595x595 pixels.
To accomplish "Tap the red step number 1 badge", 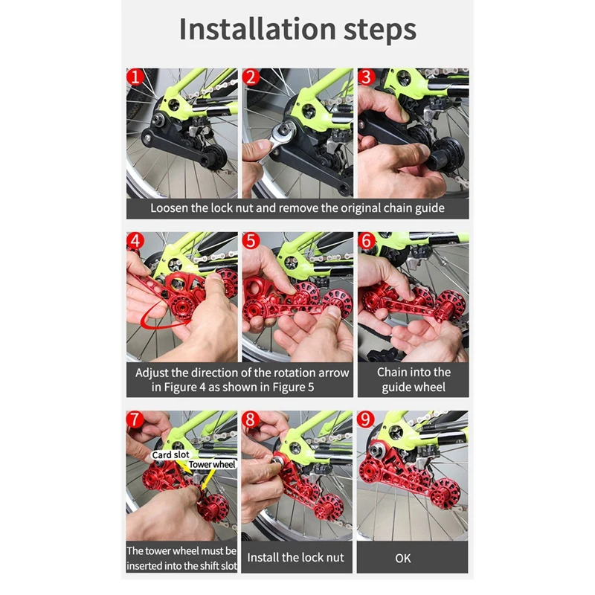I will [x=135, y=77].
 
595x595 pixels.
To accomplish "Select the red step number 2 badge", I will [x=251, y=77].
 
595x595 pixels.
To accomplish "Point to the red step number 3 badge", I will [x=366, y=77].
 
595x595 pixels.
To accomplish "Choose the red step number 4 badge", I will [x=135, y=242].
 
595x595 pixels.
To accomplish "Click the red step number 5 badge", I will [x=251, y=242].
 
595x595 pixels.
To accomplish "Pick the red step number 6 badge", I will [x=366, y=242].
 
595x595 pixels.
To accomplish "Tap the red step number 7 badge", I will [x=135, y=419].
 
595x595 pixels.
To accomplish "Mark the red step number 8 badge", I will [x=251, y=419].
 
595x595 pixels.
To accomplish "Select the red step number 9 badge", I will [x=366, y=419].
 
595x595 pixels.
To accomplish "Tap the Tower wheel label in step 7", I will [x=211, y=465].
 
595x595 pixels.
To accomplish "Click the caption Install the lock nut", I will [x=295, y=557].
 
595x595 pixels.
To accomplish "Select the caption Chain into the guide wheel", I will [x=413, y=379].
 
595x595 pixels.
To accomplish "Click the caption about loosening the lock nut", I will [x=297, y=208].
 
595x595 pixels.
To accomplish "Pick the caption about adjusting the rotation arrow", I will [x=241, y=379].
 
